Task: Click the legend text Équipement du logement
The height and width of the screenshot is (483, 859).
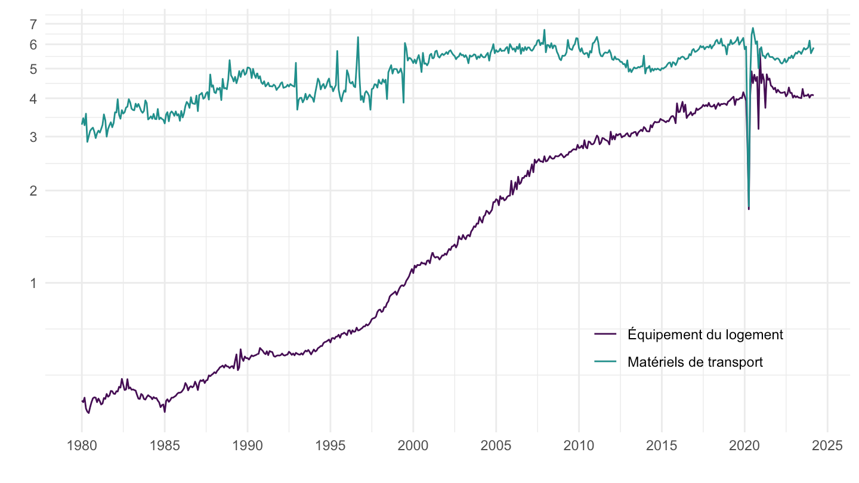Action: (x=705, y=335)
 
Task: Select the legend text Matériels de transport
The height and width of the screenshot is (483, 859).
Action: (x=695, y=362)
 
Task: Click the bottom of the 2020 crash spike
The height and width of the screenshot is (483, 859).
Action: (x=749, y=208)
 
